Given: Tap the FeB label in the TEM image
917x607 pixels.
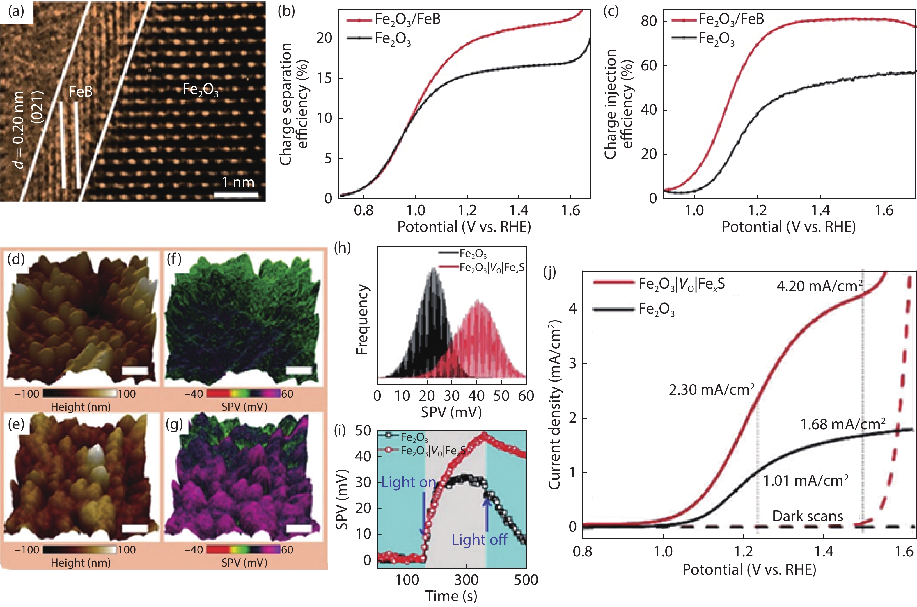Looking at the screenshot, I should click(x=81, y=92).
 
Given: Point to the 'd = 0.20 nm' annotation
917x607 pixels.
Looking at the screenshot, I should click(x=19, y=130).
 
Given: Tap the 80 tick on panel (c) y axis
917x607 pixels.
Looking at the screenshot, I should click(x=649, y=21).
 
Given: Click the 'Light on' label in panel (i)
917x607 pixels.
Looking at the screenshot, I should click(x=409, y=482).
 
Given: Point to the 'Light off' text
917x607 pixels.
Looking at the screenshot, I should click(x=479, y=539).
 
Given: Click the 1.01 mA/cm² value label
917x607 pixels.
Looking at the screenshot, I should click(x=806, y=481).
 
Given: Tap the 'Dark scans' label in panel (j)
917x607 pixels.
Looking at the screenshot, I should click(x=807, y=516).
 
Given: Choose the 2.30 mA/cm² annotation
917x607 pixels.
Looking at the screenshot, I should click(x=712, y=390).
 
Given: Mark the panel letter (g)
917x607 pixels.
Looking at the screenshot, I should click(x=174, y=424).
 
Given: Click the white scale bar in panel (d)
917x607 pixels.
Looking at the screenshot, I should click(x=135, y=371).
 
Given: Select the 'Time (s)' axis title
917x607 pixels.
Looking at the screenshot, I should click(x=451, y=596).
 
